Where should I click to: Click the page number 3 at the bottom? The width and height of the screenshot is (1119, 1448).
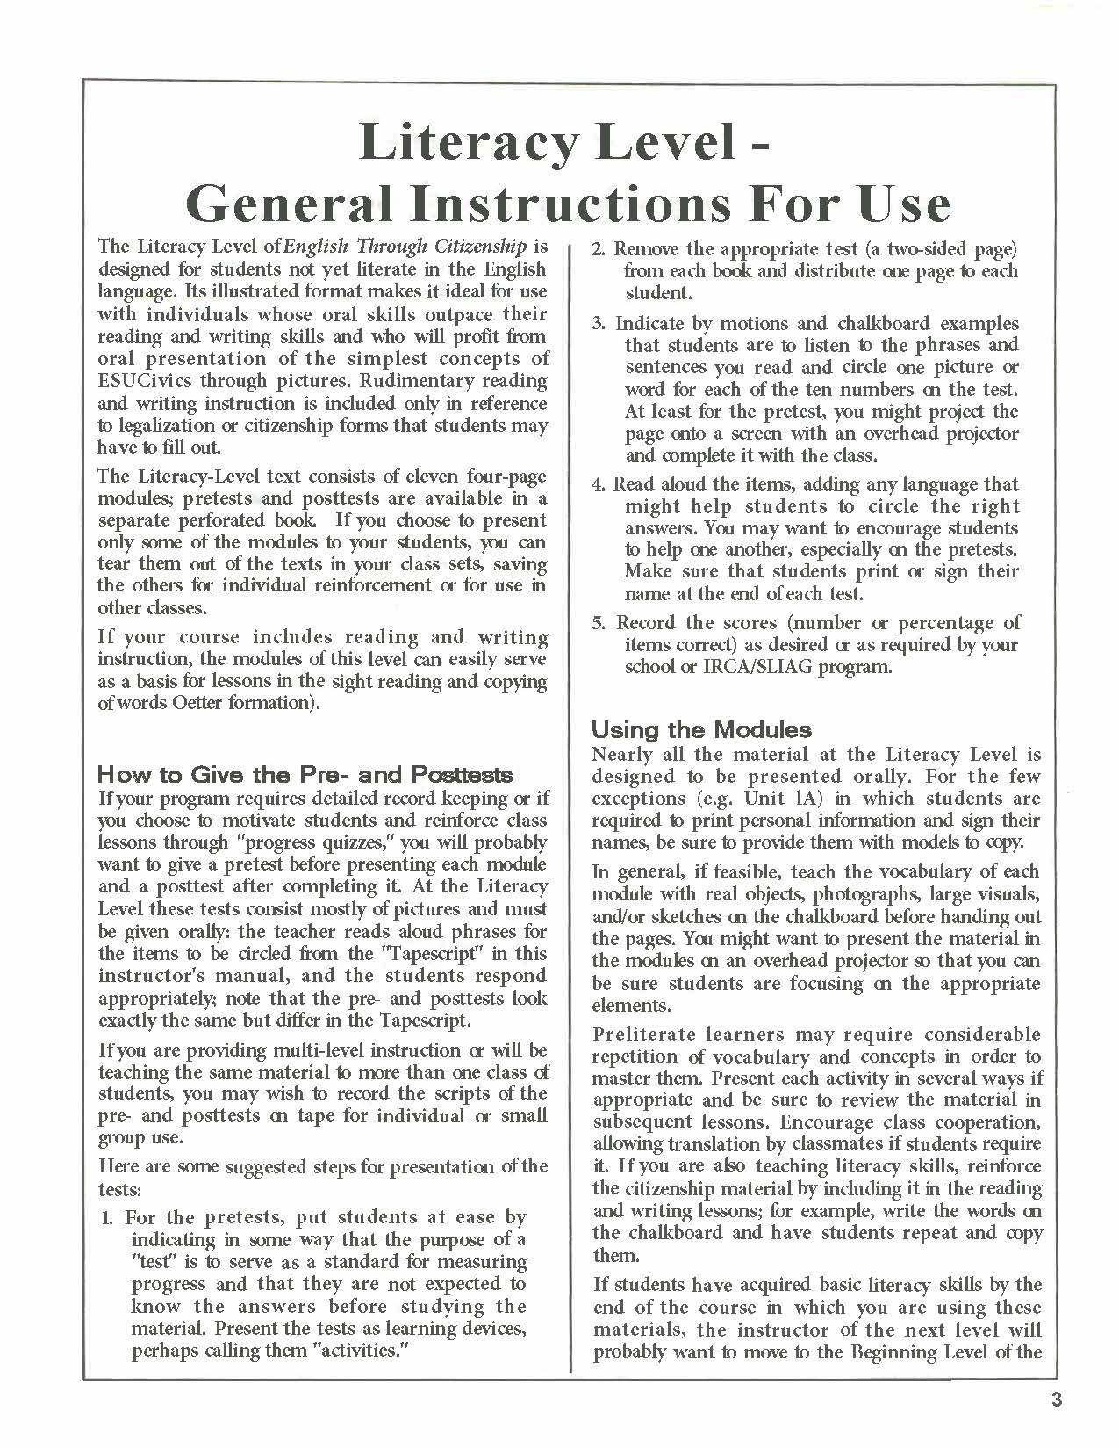[x=1056, y=1400]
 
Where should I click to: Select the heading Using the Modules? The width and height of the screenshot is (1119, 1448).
[x=701, y=729]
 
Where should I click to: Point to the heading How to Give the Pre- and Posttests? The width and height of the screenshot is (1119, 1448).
[x=305, y=774]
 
